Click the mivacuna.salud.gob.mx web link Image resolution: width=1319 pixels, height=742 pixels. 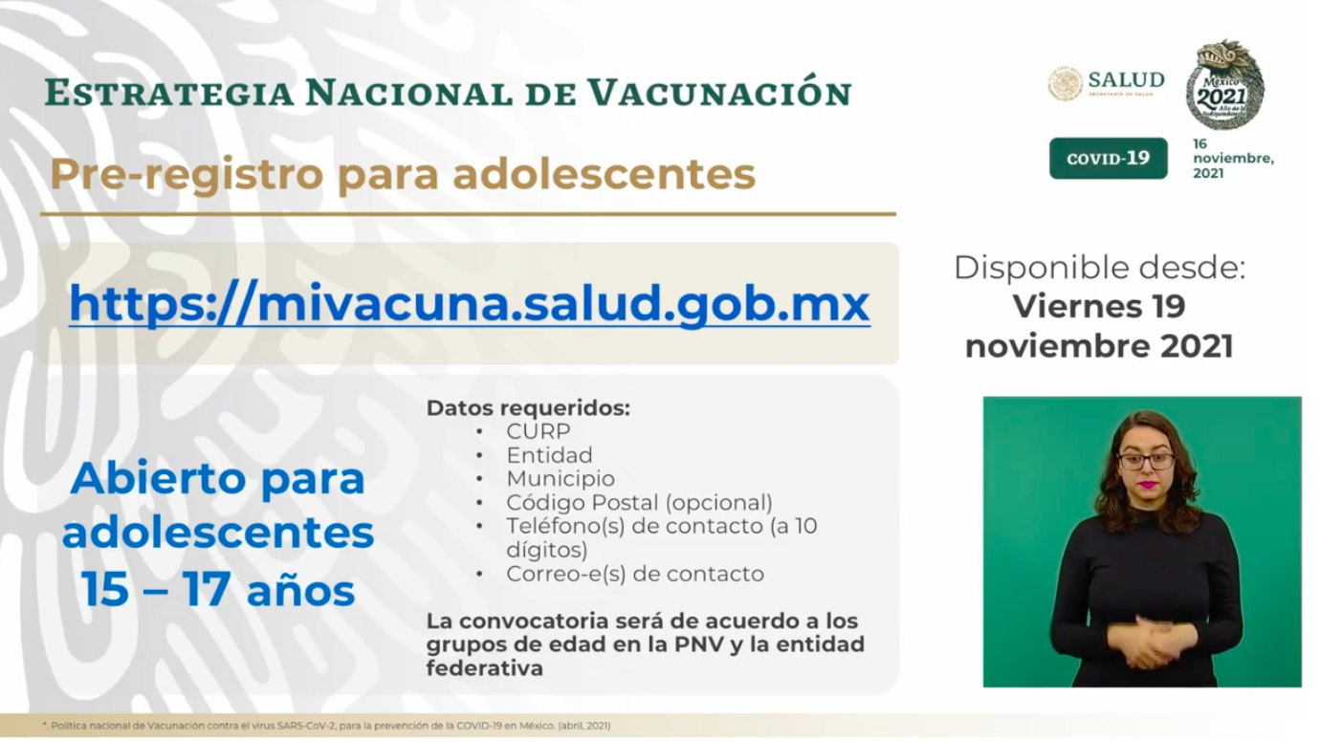470,304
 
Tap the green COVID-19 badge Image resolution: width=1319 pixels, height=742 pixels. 1108,159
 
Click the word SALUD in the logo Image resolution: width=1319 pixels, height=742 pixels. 1127,80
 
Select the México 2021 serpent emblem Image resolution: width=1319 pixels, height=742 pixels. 1224,84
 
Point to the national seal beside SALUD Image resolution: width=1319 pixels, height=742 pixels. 1066,83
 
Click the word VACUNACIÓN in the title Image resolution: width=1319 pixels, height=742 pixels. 720,93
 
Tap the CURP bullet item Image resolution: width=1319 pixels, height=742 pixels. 539,431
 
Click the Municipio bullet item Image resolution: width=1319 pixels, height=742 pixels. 561,478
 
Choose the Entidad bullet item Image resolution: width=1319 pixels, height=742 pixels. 549,455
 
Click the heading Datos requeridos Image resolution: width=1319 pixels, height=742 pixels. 528,407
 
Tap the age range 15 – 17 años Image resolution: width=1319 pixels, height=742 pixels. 218,589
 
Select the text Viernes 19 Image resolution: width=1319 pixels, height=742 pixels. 1099,306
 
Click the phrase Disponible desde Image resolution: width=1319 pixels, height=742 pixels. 1099,268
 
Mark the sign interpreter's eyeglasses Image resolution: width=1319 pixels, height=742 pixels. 1146,461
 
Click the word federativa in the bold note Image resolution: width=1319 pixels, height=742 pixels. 485,667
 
